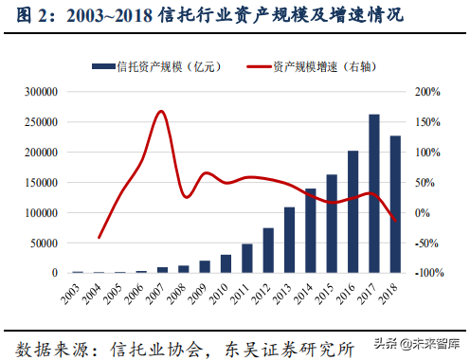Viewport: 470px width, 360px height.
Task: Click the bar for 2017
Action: tap(374, 194)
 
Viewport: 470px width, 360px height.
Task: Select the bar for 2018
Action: tap(395, 205)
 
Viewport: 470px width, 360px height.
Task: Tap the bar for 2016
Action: tap(353, 212)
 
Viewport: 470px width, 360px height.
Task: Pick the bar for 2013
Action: tap(290, 240)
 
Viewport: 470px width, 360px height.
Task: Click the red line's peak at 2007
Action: tap(161, 112)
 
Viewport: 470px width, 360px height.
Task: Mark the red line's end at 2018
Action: tap(395, 221)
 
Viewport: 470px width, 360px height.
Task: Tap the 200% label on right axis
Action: tap(428, 92)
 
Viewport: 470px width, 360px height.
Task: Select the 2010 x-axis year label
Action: tap(224, 290)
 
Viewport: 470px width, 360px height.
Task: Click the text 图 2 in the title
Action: tap(24, 15)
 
